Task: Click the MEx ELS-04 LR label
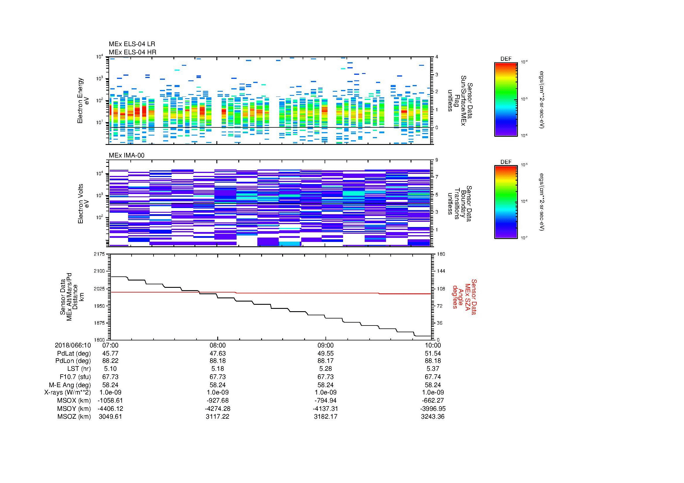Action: (x=132, y=44)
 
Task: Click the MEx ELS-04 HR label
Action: (x=132, y=52)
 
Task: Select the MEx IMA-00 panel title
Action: (x=127, y=155)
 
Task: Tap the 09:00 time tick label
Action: (x=325, y=345)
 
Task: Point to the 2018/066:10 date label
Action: (x=73, y=345)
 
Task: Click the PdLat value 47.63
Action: (x=218, y=354)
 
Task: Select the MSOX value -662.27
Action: (x=433, y=401)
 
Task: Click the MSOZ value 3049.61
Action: (x=110, y=417)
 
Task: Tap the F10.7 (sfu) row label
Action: (x=75, y=377)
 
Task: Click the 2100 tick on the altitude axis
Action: (x=99, y=271)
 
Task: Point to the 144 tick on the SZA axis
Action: (x=441, y=271)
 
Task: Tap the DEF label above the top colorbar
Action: (x=506, y=59)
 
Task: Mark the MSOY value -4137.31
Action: (x=325, y=408)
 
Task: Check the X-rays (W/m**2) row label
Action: (x=68, y=393)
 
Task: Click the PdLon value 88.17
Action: (x=325, y=361)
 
